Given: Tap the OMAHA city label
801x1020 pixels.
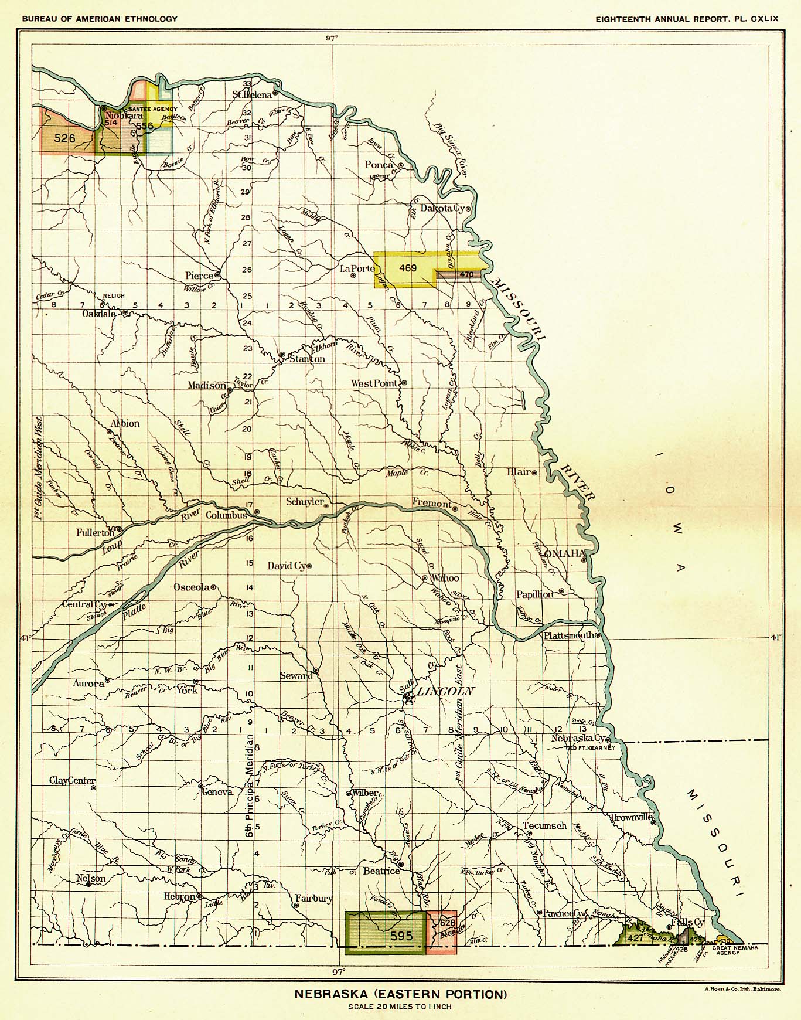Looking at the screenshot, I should (565, 553).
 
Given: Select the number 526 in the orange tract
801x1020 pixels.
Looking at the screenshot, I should (64, 138).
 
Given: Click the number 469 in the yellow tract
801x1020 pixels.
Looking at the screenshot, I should (407, 268).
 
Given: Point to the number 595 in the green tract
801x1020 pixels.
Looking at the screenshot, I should (401, 936).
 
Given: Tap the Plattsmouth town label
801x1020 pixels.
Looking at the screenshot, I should (568, 635).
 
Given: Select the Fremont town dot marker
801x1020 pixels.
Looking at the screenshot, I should (455, 509).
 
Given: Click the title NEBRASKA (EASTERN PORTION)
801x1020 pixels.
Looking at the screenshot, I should (400, 994).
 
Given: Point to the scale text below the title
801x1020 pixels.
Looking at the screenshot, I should (400, 1007).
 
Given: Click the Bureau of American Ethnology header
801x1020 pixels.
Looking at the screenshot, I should (100, 19).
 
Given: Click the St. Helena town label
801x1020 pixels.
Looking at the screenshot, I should (252, 94).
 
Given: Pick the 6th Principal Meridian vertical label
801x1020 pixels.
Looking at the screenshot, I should (249, 786).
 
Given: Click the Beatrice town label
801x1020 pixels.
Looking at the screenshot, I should (381, 871).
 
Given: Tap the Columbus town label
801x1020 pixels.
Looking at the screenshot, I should (227, 515).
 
